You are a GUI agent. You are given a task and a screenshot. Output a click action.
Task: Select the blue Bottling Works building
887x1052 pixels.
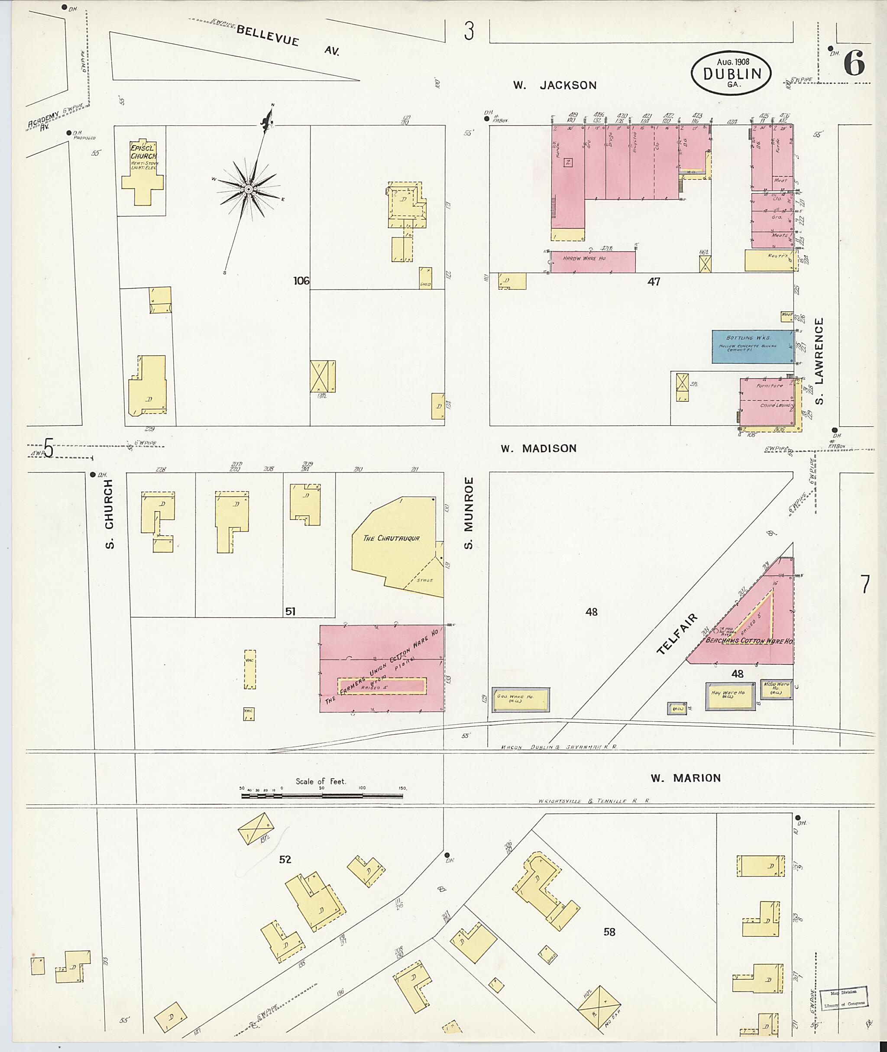752,346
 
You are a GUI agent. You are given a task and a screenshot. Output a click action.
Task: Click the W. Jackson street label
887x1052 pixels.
555,85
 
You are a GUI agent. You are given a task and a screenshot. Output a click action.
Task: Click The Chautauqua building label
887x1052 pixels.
391,538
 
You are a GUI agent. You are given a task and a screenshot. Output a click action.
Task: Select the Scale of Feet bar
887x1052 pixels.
322,796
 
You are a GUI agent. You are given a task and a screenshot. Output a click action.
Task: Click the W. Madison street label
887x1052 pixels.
538,449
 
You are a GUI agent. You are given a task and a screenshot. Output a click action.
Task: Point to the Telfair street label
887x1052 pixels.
677,634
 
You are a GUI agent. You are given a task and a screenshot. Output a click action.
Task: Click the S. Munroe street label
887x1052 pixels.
469,513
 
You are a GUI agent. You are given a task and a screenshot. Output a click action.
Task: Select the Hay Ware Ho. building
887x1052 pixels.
730,696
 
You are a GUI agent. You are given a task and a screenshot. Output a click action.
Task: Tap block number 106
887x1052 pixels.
301,281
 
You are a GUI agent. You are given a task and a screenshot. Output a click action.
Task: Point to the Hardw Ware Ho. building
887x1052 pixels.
593,262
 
